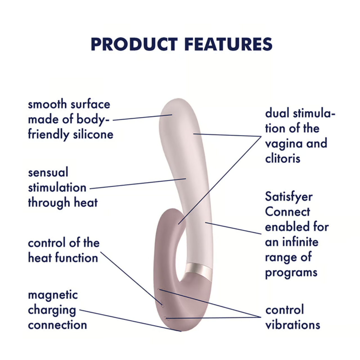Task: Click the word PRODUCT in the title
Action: point(134,44)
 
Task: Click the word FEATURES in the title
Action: point(228,44)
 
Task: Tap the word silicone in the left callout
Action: point(93,134)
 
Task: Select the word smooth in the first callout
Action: point(47,104)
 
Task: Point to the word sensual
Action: point(48,172)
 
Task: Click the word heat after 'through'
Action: point(86,202)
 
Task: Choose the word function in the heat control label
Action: point(77,258)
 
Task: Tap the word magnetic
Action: point(53,295)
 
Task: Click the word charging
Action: point(52,310)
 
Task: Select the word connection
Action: point(57,325)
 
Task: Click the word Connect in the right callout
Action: point(287,212)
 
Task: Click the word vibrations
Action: point(293,325)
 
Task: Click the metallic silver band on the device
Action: point(199,271)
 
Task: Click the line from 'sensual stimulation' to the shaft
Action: point(138,184)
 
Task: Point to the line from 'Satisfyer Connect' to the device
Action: point(233,228)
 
